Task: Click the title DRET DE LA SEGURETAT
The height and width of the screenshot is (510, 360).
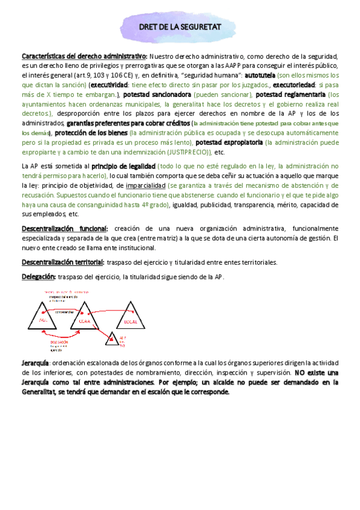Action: (180, 27)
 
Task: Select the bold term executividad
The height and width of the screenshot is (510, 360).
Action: (110, 85)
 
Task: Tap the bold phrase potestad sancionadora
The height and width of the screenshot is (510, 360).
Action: (157, 95)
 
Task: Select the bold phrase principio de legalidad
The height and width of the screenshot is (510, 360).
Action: (124, 165)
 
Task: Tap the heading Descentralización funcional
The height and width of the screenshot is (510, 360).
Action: (65, 229)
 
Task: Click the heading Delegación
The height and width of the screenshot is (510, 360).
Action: (38, 276)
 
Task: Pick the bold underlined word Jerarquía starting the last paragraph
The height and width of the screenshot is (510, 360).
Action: (35, 364)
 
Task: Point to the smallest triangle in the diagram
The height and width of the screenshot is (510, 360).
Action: (113, 339)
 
